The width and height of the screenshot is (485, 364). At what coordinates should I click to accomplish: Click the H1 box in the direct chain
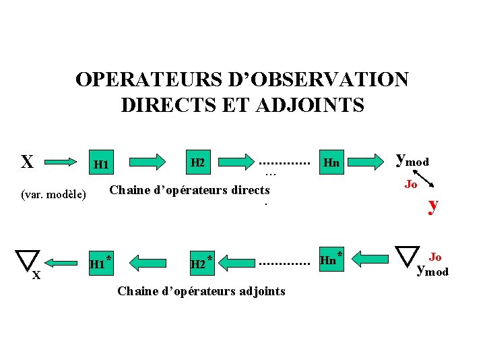(102, 164)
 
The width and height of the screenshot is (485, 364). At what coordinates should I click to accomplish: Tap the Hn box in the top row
(331, 162)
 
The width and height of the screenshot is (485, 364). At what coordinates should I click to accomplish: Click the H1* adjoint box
(99, 264)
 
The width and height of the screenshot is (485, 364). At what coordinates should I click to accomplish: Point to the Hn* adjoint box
(330, 260)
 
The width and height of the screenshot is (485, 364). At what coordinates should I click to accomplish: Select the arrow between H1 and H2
(146, 162)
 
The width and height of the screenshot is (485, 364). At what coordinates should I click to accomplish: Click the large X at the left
(27, 162)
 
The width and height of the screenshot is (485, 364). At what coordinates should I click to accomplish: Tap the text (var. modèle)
(54, 195)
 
